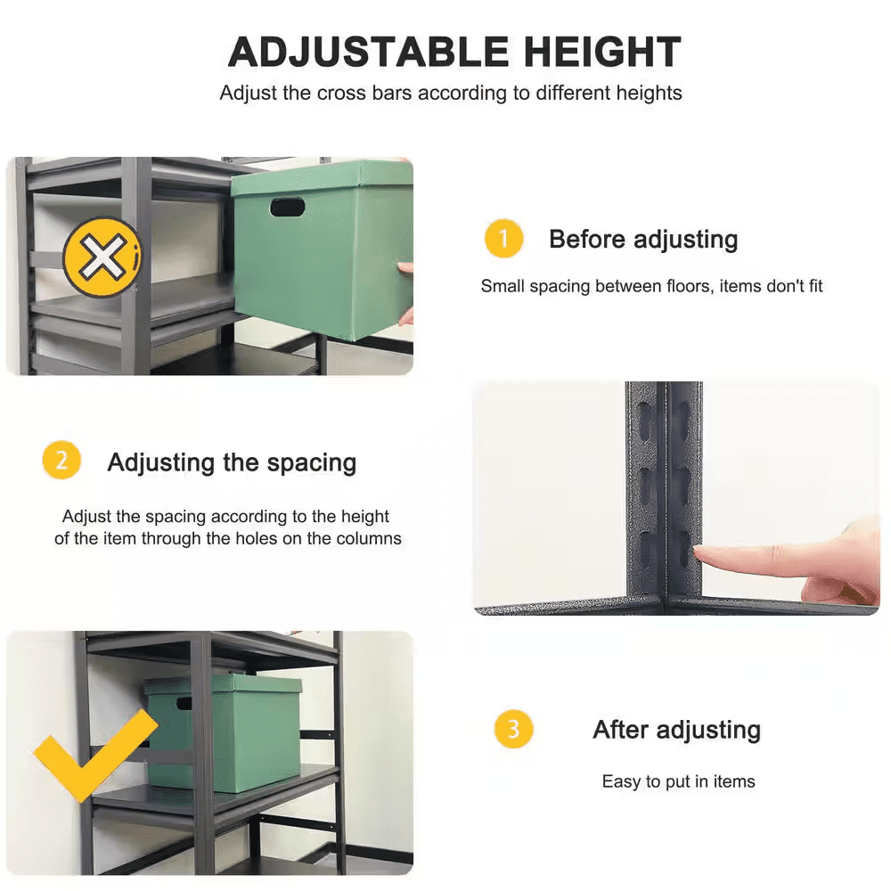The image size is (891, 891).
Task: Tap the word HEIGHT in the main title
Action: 602,53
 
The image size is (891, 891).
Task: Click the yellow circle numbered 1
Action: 503,239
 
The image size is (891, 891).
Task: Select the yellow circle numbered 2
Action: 61,462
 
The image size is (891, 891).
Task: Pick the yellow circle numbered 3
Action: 513,730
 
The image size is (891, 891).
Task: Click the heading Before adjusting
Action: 643,239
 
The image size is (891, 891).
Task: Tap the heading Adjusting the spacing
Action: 232,462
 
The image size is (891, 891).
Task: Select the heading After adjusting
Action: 676,730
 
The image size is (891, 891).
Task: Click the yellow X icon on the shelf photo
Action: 102,257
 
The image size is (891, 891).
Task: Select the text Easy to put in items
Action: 678,781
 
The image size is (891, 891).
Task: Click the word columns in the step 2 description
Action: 367,538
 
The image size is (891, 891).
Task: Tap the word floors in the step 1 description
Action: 679,286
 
